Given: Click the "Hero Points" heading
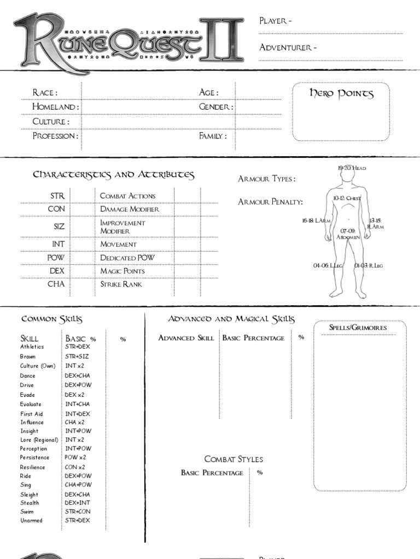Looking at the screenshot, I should [341, 94].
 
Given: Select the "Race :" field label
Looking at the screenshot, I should [44, 93].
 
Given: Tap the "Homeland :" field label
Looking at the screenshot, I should [55, 107].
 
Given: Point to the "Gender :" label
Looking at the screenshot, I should [215, 107].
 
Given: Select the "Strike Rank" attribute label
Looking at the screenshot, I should [121, 284].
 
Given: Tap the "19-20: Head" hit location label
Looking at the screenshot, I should [352, 168].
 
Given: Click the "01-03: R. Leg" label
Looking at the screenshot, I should [368, 266].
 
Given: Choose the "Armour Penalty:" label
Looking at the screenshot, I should [270, 202].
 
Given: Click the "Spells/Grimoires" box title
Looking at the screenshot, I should [358, 328].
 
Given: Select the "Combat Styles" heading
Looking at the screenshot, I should [234, 459].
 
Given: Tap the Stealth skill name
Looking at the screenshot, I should [30, 503].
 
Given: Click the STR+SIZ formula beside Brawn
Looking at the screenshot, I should [77, 356].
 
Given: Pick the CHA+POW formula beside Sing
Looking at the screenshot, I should [78, 485].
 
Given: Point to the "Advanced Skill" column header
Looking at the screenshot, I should [186, 338].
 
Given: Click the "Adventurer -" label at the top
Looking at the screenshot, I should [288, 47].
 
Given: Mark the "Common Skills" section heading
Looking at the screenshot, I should [51, 319].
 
